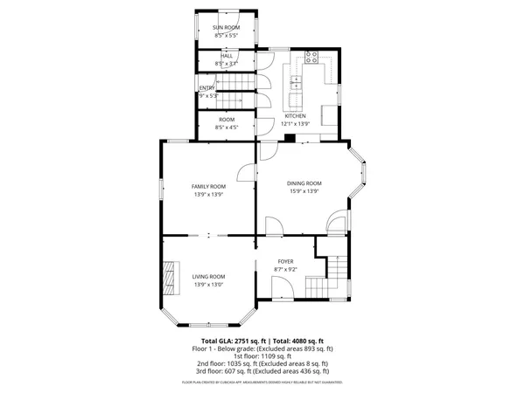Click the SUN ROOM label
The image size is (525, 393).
[x=227, y=28]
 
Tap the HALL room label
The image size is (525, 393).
[x=227, y=56]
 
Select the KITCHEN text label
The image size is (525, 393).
[x=296, y=115]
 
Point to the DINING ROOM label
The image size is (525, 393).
[x=304, y=183]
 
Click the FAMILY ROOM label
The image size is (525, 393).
[x=209, y=186]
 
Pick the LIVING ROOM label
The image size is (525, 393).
[x=209, y=276]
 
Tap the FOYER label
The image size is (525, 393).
[x=285, y=261]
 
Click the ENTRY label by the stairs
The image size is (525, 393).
[x=206, y=87]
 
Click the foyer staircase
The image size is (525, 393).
[x=331, y=275]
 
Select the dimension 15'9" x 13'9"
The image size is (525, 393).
[x=304, y=191]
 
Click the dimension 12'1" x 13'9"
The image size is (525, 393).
[x=296, y=124]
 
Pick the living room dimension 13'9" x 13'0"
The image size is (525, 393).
[x=209, y=284]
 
